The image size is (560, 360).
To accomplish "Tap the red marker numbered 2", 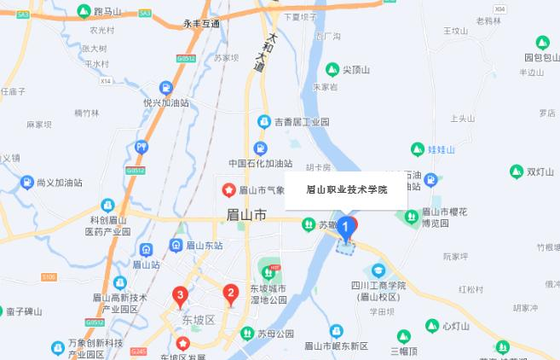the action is pyautogui.click(x=230, y=295).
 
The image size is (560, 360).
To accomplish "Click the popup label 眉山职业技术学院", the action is pyautogui.click(x=346, y=189).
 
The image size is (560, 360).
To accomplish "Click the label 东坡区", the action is pyautogui.click(x=199, y=321).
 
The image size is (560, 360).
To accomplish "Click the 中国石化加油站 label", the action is pyautogui.click(x=261, y=163).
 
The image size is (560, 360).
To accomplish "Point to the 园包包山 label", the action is pyautogui.click(x=544, y=57).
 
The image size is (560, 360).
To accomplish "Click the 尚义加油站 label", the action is pyautogui.click(x=59, y=183).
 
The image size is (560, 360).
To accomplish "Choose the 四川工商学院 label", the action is pyautogui.click(x=378, y=285).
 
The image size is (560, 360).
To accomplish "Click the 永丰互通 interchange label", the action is pyautogui.click(x=201, y=24).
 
